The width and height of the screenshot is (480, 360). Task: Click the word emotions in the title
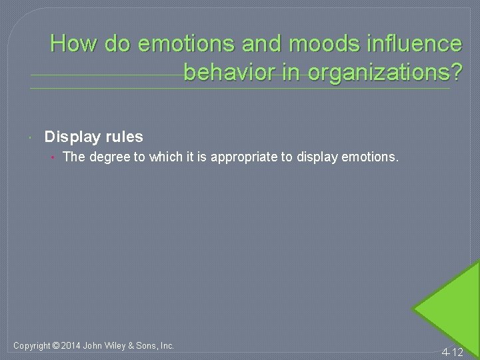pyautogui.click(x=175, y=44)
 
